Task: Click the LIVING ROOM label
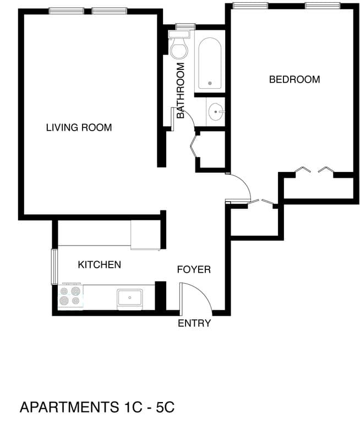(79, 128)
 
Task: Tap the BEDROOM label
(294, 79)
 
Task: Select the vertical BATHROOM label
(181, 87)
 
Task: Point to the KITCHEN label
(99, 265)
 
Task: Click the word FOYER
(194, 270)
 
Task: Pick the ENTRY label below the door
(194, 323)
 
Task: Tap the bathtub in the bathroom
(210, 63)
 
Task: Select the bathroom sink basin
(215, 112)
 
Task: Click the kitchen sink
(130, 298)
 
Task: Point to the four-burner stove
(70, 296)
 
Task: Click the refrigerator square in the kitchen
(145, 235)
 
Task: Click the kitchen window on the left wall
(54, 267)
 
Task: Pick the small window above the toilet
(185, 25)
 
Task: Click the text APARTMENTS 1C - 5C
(97, 408)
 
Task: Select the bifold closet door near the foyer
(261, 203)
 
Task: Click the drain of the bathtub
(210, 84)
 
